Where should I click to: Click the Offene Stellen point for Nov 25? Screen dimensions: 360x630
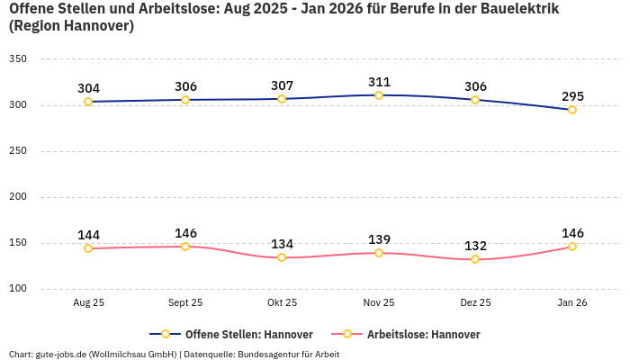click(x=379, y=95)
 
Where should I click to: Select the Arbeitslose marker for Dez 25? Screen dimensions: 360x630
click(x=475, y=259)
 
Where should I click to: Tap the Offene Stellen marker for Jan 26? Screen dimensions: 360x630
click(x=572, y=110)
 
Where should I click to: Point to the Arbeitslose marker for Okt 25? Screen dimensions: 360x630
click(x=282, y=257)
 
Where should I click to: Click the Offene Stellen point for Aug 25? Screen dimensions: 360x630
click(x=88, y=102)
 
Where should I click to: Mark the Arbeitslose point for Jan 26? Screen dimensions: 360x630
click(x=572, y=247)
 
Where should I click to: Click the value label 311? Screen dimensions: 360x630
click(x=379, y=82)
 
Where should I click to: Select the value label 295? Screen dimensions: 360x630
click(x=572, y=96)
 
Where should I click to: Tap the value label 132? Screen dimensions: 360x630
click(x=475, y=246)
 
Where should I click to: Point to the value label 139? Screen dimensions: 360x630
click(x=379, y=239)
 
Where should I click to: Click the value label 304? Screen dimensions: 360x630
click(x=88, y=88)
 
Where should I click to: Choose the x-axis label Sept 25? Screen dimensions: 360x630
click(x=185, y=303)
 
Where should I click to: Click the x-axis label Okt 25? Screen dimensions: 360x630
click(x=282, y=303)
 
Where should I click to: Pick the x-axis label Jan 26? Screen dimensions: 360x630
click(x=572, y=303)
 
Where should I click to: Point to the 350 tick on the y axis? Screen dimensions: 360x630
click(x=18, y=59)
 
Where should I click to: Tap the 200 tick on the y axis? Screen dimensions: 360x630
click(x=18, y=197)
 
